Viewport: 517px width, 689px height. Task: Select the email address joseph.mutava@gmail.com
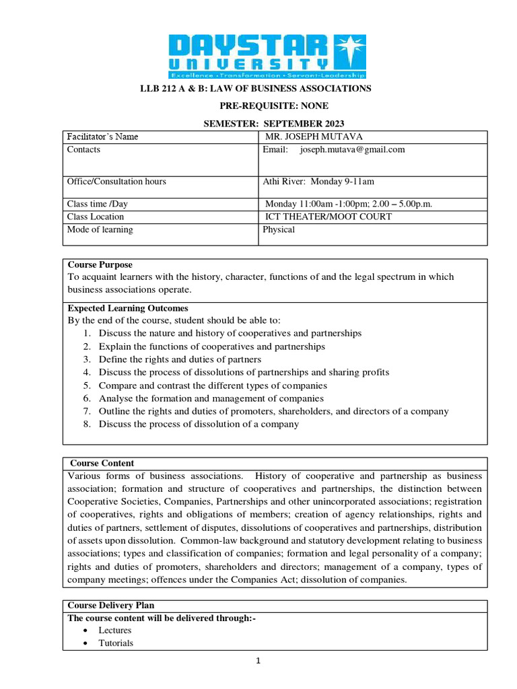point(352,149)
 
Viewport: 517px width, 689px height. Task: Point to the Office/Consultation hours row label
point(116,181)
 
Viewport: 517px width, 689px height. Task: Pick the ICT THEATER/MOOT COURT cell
point(329,217)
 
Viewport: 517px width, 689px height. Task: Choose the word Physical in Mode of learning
point(279,229)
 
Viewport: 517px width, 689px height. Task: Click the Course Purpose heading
point(100,264)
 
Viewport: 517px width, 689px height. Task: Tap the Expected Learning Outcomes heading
point(128,308)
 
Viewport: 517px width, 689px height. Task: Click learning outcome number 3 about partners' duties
point(180,359)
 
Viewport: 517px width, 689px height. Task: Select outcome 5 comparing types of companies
point(213,386)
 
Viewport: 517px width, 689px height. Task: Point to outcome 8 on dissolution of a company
point(199,424)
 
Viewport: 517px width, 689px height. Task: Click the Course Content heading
point(102,463)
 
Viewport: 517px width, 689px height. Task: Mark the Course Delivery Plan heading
point(111,605)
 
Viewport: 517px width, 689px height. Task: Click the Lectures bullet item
point(115,630)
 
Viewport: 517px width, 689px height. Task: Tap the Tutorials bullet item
point(116,643)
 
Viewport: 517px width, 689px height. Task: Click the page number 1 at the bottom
point(258,661)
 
